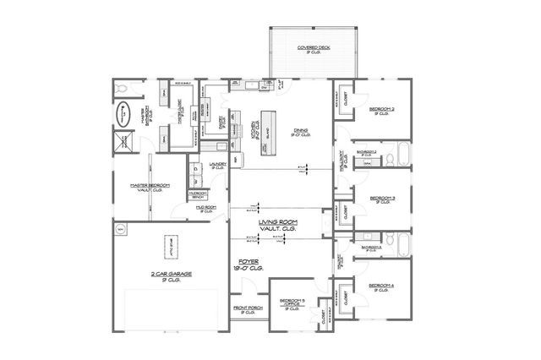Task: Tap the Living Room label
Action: pos(279,221)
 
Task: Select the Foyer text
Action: pos(249,264)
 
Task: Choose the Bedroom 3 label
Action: pos(381,200)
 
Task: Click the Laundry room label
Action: pos(216,166)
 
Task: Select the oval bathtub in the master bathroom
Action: pos(123,110)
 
